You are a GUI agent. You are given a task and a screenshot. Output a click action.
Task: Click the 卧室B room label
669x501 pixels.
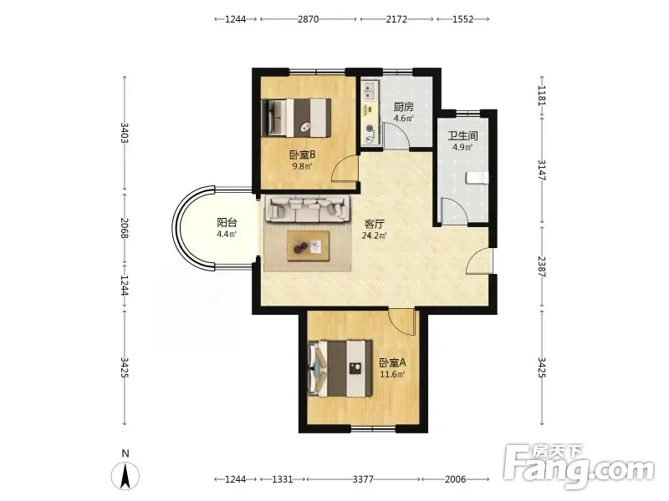point(302,154)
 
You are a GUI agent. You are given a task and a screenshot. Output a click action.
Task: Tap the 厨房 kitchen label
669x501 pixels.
point(404,107)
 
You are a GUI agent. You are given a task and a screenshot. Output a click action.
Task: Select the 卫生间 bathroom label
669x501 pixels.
point(462,136)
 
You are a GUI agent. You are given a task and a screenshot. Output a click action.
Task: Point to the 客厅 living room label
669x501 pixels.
point(374,224)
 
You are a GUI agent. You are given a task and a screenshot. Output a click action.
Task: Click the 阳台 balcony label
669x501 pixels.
point(227,222)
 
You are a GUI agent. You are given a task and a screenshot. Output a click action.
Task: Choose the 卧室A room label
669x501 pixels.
point(392,363)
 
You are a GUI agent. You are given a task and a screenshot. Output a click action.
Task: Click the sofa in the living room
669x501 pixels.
point(307,209)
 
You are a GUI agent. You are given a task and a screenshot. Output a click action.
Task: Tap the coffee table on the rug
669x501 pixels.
point(308,245)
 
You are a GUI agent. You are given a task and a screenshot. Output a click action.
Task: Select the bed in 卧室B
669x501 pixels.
point(296,118)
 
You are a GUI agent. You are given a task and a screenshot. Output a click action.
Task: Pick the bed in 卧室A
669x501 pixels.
point(340,368)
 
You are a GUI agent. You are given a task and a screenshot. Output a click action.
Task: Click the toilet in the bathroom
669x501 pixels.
point(477,178)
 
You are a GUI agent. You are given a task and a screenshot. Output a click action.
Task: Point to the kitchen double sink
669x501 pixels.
point(370,89)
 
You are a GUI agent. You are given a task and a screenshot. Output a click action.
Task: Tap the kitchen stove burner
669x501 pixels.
point(370,129)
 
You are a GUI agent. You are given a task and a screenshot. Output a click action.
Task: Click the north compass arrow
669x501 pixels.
point(125,475)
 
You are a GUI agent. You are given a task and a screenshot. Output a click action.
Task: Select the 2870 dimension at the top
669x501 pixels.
point(308,19)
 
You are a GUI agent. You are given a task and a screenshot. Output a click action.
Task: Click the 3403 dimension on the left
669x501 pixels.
point(125,133)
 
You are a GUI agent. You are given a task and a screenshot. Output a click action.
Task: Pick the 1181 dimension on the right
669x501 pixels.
point(542,95)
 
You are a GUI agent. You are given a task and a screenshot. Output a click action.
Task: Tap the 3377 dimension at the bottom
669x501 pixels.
point(363,479)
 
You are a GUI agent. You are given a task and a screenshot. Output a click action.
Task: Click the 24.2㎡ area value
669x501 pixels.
point(374,235)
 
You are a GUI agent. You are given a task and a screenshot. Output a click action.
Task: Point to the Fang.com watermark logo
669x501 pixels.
point(578,468)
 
